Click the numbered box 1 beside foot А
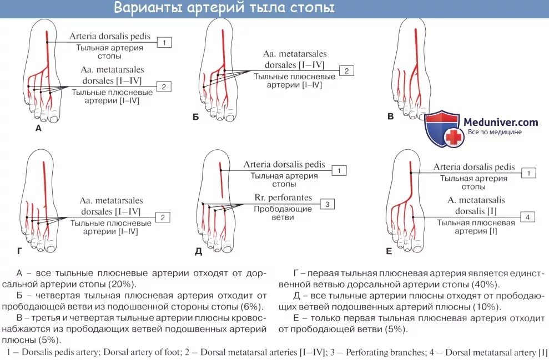165,42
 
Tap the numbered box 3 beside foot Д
328,204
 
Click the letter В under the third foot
390,117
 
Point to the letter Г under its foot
19,251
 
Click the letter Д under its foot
198,251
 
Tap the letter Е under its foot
389,251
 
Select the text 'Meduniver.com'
501,122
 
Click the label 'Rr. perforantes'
283,197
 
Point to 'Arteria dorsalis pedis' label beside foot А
110,37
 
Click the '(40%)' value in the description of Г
485,284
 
